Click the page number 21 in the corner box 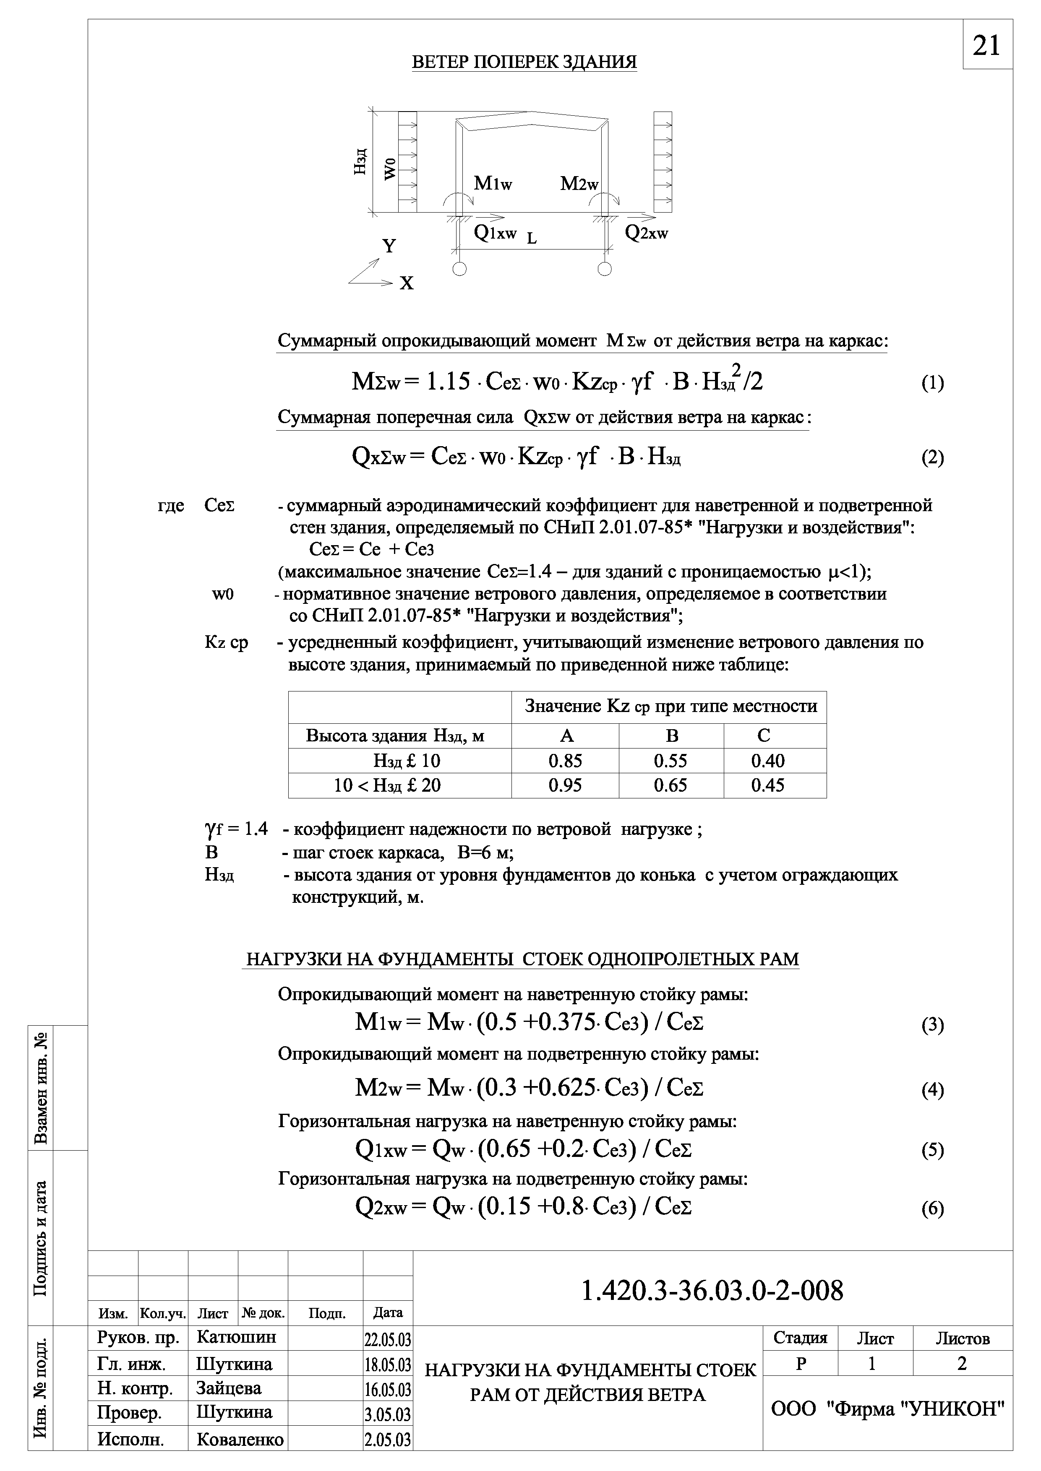986,45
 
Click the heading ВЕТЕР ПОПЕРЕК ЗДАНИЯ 524,62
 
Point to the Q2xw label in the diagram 646,233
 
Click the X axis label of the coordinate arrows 407,283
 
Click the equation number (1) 932,383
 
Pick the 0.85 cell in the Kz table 565,761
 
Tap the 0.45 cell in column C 767,785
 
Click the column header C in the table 764,735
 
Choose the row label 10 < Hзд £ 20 387,785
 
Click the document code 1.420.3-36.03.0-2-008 712,1291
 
